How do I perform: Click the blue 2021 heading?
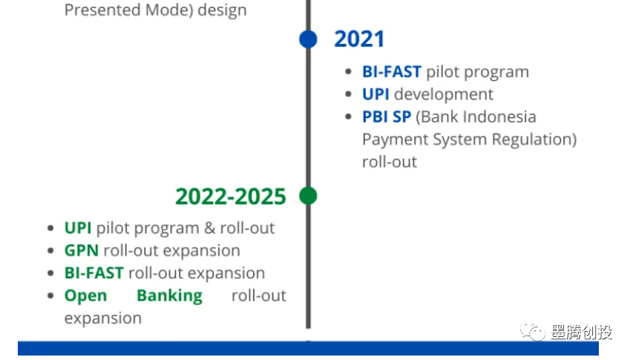tap(359, 39)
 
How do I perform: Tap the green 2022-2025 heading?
tap(231, 197)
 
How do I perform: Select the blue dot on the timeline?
tap(308, 39)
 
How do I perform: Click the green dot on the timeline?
tap(308, 196)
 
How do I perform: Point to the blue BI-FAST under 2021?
tap(392, 72)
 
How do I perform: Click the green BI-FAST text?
tap(94, 273)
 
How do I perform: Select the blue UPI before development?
tap(375, 94)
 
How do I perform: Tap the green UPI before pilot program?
tap(78, 228)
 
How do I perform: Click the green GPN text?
tap(82, 251)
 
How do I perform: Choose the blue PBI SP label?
tap(387, 117)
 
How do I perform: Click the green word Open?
tap(85, 297)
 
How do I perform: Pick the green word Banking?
tap(169, 297)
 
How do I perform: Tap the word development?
tap(444, 95)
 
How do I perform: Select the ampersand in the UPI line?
tap(209, 228)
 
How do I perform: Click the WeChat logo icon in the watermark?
tap(533, 332)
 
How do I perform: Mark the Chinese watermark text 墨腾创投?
tap(582, 332)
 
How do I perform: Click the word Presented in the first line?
tap(103, 10)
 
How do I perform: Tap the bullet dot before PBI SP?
tap(349, 117)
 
